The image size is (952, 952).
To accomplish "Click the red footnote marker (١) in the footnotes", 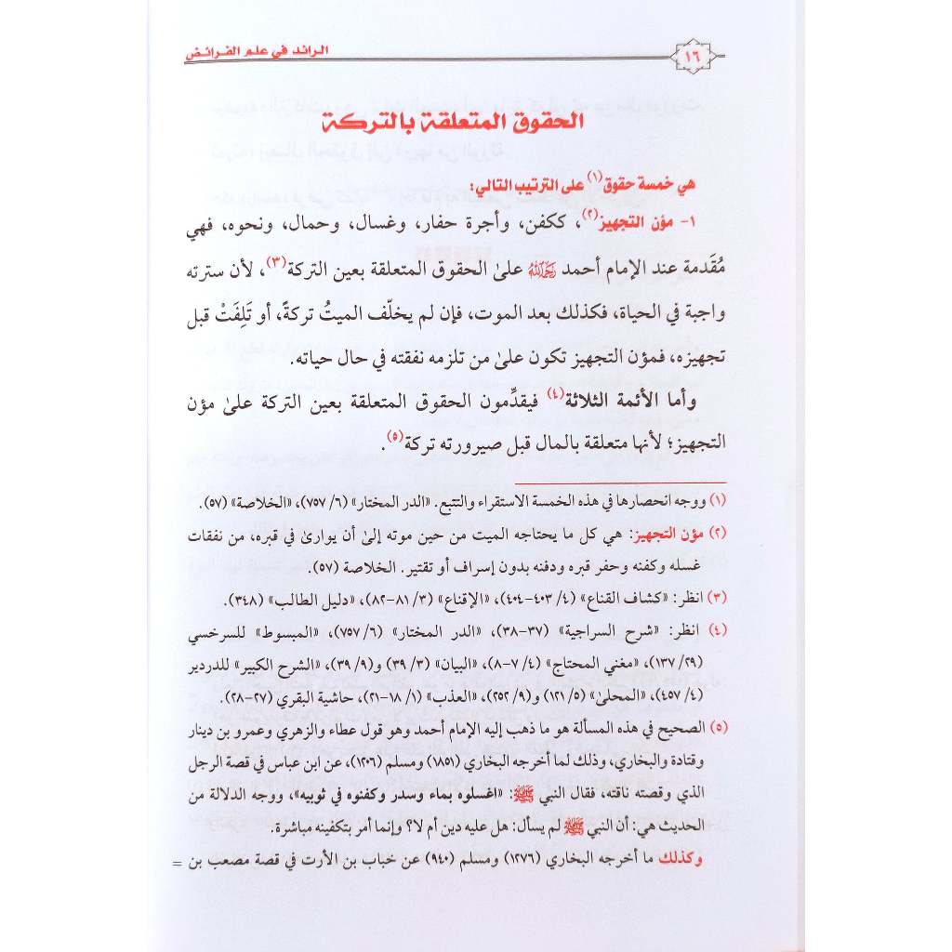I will click(x=719, y=503).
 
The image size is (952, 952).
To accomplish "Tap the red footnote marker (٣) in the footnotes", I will click(x=719, y=594).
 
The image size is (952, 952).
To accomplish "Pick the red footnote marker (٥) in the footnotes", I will click(x=719, y=725).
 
